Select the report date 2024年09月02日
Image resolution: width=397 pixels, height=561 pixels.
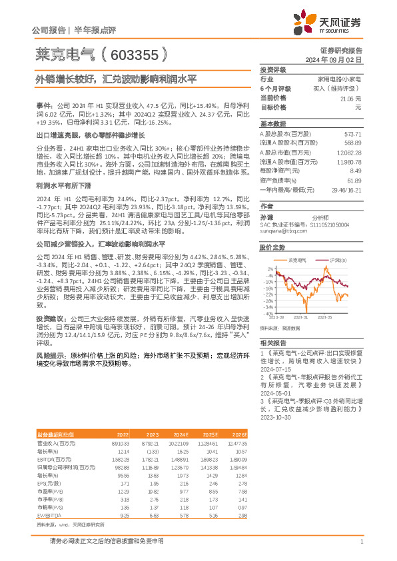click(343, 59)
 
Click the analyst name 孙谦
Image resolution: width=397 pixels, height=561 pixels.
click(266, 217)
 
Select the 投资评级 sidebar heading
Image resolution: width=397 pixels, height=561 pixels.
click(273, 69)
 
